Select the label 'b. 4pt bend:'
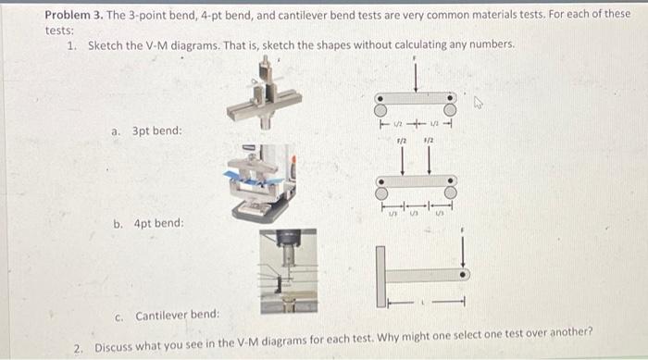[148, 224]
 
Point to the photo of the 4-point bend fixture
[266, 183]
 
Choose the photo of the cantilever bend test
[287, 270]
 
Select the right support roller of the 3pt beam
[451, 97]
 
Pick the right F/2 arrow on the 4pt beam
[429, 158]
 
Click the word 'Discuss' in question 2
[112, 347]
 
